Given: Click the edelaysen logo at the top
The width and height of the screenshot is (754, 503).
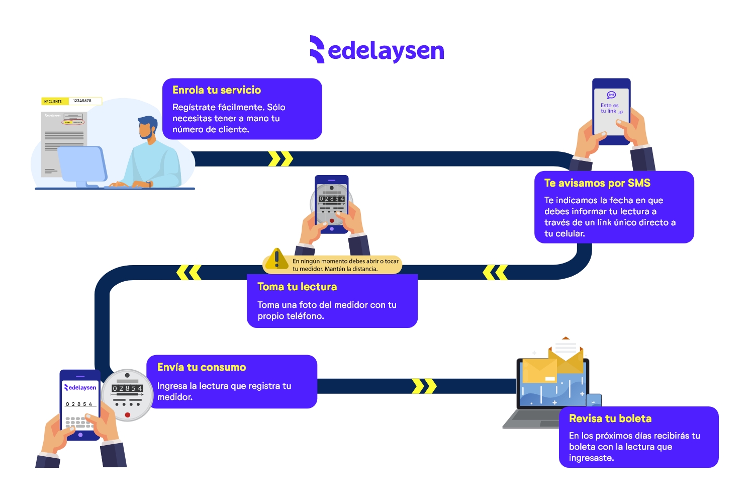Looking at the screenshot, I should click(377, 50).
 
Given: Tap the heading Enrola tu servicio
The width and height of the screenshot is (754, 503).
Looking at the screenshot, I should click(217, 90).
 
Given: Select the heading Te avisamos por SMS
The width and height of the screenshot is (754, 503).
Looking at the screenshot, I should click(597, 183).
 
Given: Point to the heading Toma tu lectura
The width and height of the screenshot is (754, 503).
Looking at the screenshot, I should click(297, 287).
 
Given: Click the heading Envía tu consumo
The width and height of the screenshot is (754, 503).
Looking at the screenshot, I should click(202, 367).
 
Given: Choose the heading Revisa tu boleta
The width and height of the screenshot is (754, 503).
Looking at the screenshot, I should click(610, 418).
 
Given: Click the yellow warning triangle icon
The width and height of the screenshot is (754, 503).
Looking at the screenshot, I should click(276, 259).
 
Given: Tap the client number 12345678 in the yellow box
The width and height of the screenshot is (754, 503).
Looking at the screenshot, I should click(82, 101).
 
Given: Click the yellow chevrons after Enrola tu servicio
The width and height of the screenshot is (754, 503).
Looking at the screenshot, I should click(280, 159).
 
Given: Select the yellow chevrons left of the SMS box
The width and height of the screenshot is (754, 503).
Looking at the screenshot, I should click(495, 273).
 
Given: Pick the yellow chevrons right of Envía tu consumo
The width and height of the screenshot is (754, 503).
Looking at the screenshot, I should click(424, 386).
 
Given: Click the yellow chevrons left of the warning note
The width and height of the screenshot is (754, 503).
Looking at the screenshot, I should click(189, 273).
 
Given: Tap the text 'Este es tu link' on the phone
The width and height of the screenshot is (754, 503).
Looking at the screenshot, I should click(610, 108).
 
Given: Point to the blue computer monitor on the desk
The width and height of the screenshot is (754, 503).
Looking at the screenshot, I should click(82, 164).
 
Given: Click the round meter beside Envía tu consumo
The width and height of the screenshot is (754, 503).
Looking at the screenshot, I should click(127, 395).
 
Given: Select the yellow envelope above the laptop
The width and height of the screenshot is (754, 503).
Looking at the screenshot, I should click(565, 359).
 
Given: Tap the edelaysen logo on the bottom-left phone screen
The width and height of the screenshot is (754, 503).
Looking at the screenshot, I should click(80, 387).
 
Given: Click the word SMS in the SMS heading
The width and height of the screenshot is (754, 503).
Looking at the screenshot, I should click(639, 183).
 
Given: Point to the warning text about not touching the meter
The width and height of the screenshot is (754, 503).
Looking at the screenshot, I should click(345, 265).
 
